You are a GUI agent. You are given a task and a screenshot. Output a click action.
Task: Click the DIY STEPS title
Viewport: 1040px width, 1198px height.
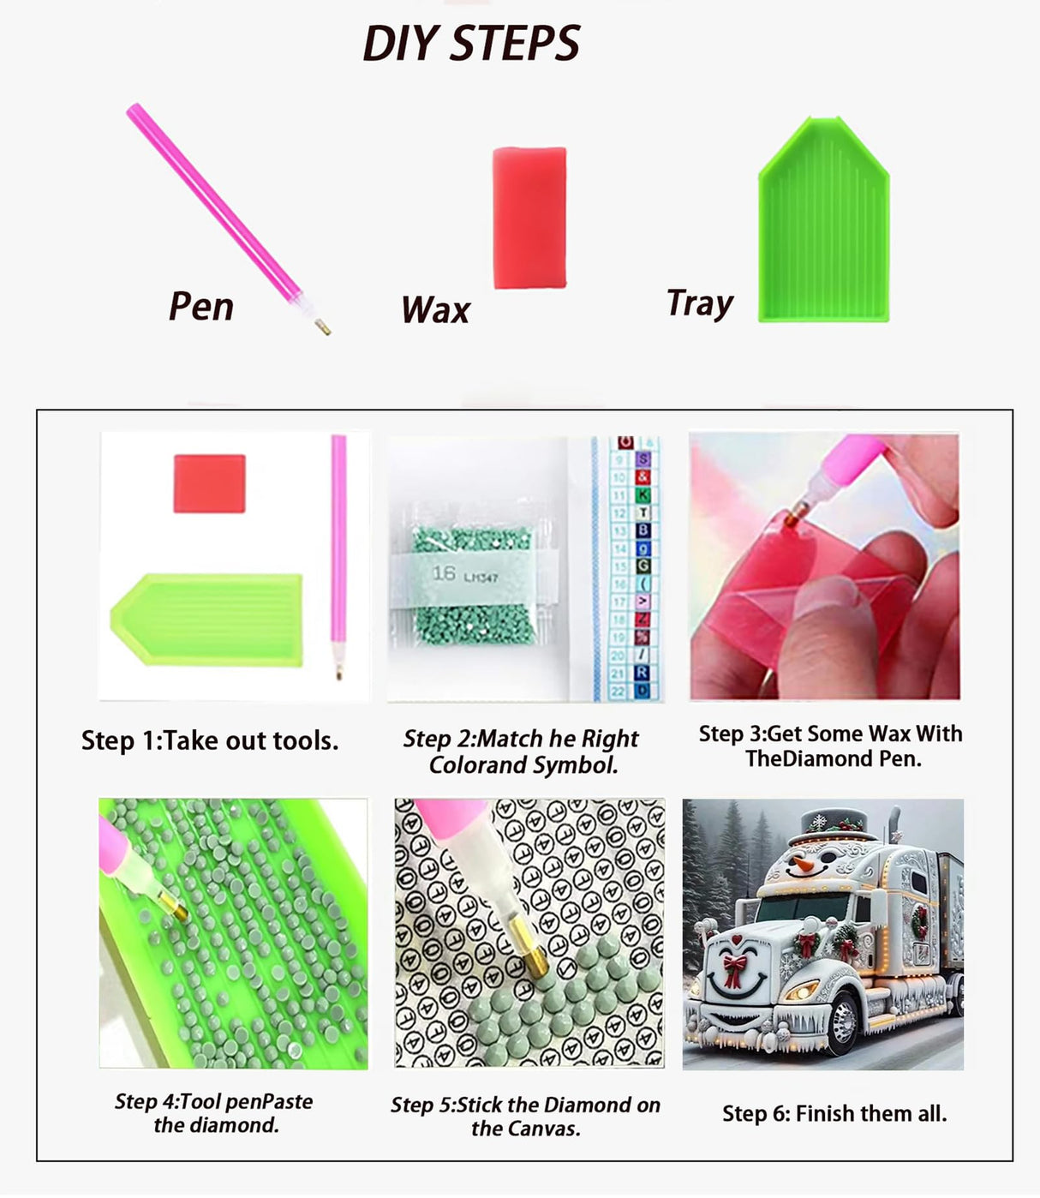coord(471,43)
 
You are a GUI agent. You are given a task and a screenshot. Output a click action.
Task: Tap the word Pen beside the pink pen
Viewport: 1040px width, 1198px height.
coord(201,306)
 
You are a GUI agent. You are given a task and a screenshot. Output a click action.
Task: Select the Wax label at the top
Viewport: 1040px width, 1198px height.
coord(435,309)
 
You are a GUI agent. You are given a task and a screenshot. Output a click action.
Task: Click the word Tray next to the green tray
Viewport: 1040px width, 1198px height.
coord(699,303)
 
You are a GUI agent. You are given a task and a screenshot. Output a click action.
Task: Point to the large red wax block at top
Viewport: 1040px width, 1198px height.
coord(529,218)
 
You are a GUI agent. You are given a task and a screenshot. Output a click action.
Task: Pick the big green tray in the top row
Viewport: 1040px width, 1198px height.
coord(823,225)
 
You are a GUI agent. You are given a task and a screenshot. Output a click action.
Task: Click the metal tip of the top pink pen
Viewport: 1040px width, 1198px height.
coord(322,326)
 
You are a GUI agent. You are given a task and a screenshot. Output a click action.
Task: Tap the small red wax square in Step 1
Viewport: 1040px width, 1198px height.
coord(209,483)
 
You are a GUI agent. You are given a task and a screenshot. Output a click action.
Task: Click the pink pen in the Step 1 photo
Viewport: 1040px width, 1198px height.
coord(338,548)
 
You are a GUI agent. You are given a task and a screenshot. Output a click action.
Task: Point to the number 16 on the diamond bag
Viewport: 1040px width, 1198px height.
coord(443,573)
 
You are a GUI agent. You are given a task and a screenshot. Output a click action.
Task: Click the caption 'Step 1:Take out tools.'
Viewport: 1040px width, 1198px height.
coord(210,740)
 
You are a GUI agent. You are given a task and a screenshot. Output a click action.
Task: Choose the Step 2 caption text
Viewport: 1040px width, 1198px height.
coord(522,752)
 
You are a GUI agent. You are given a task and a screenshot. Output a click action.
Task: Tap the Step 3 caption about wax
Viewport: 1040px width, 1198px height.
coord(830,746)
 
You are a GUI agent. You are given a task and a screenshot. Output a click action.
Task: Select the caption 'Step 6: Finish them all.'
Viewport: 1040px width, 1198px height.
coord(834,1113)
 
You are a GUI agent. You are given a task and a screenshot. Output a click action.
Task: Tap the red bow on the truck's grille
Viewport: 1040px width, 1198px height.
coord(733,969)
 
